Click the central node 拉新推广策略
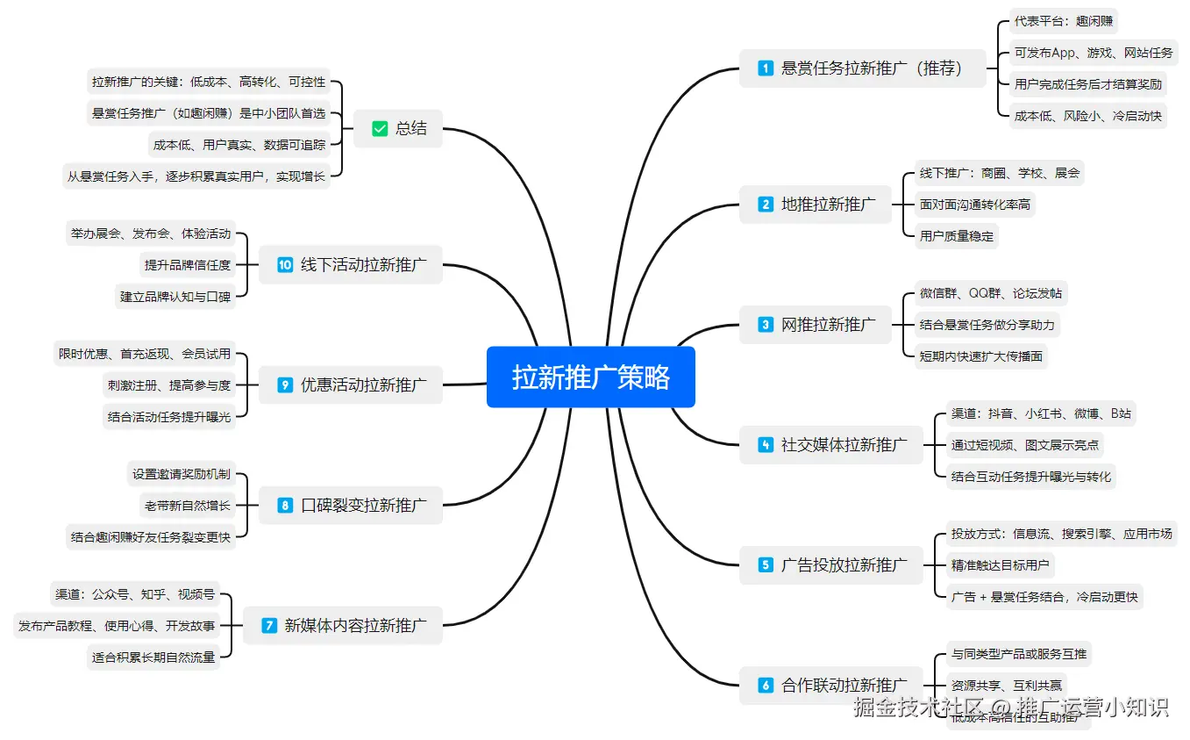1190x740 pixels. point(590,377)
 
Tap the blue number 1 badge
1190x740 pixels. point(766,68)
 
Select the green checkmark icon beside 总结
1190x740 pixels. point(380,128)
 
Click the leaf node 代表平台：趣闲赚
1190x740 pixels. point(1064,21)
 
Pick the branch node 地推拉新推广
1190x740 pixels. point(827,205)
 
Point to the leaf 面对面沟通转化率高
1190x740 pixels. point(974,205)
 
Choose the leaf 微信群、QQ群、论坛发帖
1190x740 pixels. point(990,293)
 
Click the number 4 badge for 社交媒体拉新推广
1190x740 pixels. point(766,445)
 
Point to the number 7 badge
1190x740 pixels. point(269,626)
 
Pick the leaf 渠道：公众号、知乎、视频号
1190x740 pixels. point(135,594)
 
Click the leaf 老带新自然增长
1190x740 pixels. point(187,505)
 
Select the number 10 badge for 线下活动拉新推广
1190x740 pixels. point(285,264)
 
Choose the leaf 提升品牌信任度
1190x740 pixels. point(187,264)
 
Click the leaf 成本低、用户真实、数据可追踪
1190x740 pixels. point(239,145)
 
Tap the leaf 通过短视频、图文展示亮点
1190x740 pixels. point(1024,445)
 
